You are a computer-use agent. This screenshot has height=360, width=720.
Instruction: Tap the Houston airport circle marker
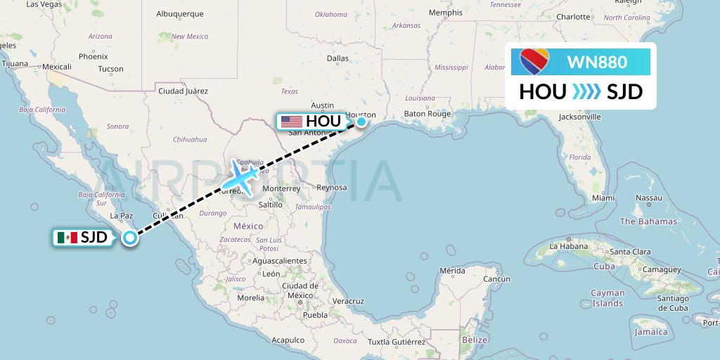click(x=361, y=122)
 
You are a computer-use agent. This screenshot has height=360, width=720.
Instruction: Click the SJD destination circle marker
click(x=129, y=238)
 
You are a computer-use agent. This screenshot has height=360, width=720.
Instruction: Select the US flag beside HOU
click(x=291, y=122)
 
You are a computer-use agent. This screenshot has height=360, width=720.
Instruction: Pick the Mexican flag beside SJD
click(x=67, y=238)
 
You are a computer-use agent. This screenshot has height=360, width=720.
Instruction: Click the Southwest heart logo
click(x=534, y=62)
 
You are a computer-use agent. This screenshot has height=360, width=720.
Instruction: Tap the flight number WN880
click(x=597, y=63)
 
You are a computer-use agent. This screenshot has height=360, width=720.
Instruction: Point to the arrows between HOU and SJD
click(x=586, y=92)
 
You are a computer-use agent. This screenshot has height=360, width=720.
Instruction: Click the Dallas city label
click(x=337, y=58)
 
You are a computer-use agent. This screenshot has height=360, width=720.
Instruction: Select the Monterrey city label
click(x=281, y=188)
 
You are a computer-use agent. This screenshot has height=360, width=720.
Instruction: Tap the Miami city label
click(x=603, y=198)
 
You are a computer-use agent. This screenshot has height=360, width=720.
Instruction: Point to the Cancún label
click(x=496, y=278)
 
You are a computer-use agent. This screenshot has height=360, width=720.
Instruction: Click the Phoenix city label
click(x=93, y=56)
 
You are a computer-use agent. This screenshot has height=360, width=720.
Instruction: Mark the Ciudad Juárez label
click(x=184, y=91)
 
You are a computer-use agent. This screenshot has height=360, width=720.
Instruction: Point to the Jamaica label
click(x=650, y=332)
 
